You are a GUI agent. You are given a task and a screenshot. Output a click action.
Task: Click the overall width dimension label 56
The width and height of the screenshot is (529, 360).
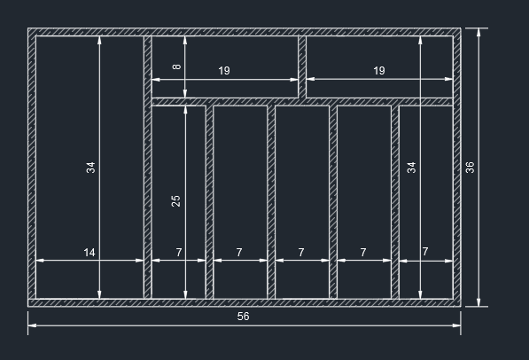(x=243, y=317)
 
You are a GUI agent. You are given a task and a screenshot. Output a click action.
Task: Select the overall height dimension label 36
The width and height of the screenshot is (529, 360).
(x=470, y=168)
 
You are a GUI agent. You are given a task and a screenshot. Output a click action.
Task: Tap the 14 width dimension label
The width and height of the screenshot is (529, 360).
(x=89, y=253)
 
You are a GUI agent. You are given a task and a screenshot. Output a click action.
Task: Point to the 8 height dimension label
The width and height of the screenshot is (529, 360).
(x=176, y=67)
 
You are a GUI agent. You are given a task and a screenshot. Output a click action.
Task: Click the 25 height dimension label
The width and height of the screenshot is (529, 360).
(x=175, y=201)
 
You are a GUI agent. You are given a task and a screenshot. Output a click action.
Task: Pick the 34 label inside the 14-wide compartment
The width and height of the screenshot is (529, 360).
(x=90, y=168)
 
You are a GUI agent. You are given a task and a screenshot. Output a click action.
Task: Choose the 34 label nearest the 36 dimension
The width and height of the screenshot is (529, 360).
(x=412, y=168)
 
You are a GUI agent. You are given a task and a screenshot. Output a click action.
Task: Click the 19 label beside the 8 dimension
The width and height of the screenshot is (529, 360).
(x=224, y=71)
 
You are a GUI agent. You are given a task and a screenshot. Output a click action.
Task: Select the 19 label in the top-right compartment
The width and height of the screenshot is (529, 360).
(x=379, y=71)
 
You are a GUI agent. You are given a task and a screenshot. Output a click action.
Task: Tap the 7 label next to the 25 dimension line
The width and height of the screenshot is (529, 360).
(x=179, y=253)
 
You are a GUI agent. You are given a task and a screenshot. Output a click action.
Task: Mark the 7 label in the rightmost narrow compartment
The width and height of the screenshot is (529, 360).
(x=425, y=252)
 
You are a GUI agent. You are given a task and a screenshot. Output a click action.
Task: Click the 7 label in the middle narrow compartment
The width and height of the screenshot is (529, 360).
(x=301, y=253)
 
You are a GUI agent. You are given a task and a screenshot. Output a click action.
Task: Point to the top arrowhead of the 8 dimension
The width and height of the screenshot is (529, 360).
(x=185, y=40)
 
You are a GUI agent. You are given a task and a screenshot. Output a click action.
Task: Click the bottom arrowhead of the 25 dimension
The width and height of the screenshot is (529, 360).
(x=185, y=294)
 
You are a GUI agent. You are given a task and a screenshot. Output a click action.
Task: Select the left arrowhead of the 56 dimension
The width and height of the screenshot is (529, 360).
(x=33, y=325)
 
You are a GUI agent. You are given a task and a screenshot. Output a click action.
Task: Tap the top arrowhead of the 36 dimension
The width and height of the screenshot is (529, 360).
(x=478, y=33)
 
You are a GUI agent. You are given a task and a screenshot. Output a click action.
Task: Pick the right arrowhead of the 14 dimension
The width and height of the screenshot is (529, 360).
(x=139, y=261)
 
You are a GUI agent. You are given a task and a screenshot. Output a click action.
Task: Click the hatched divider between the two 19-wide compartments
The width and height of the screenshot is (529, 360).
(x=302, y=67)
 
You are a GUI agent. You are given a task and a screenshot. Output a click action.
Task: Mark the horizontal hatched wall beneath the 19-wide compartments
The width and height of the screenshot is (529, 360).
(x=302, y=102)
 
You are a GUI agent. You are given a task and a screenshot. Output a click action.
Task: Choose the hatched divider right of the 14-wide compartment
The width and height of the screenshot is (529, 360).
(x=147, y=168)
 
